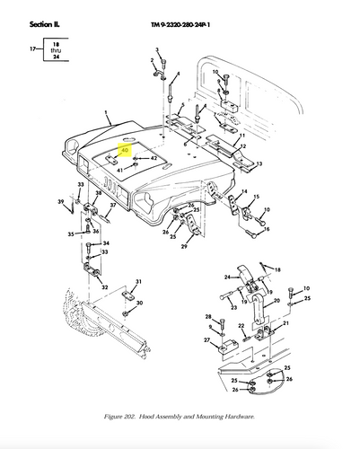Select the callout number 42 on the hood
coord(154,158)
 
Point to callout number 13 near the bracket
coord(259,164)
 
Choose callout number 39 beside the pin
coord(62,203)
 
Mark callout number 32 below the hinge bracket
coord(105,288)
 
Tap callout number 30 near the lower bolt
coord(139,304)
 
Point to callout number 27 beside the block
coord(206,341)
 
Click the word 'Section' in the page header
coord(24,11)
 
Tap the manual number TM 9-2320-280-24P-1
coord(189,11)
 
